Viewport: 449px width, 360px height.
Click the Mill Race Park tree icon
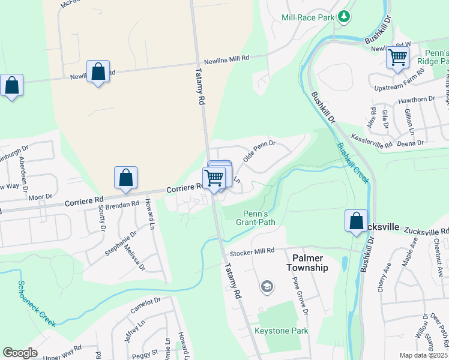(x=344, y=17)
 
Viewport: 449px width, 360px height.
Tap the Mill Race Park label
(x=307, y=17)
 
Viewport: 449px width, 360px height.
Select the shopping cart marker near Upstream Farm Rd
(x=397, y=58)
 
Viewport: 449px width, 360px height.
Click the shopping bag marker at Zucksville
(x=357, y=220)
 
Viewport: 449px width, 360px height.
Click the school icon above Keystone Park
(x=266, y=287)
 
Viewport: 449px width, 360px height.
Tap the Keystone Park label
(x=281, y=331)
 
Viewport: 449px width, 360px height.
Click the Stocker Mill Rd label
(x=252, y=250)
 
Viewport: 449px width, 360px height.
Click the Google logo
(x=20, y=353)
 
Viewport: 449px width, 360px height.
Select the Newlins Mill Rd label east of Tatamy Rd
(x=226, y=59)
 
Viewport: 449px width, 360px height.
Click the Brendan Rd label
(x=122, y=206)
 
